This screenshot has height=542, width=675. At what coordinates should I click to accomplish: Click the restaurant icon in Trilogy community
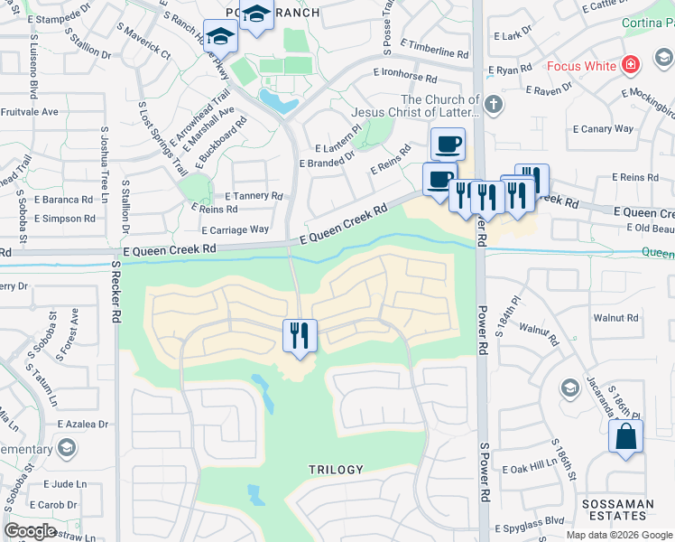[x=300, y=335]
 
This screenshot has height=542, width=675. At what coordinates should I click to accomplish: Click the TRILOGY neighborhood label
[x=336, y=470]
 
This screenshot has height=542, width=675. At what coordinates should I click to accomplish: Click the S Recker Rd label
[x=116, y=293]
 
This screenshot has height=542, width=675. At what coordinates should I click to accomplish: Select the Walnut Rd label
[x=615, y=318]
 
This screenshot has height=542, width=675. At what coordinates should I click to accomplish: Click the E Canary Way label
[x=607, y=129]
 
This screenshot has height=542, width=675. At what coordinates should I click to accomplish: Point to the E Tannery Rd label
[x=254, y=195]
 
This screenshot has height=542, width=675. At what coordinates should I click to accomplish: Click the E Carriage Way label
[x=235, y=230]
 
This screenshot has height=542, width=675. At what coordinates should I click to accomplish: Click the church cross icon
[x=493, y=104]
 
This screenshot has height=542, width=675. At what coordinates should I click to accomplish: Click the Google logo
[x=30, y=531]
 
